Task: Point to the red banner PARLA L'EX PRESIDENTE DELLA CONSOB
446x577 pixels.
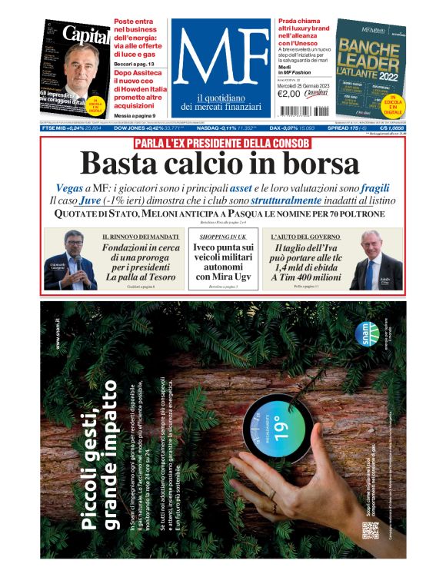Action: pos(222,143)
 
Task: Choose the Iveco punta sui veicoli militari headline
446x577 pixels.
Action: pos(223,262)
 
